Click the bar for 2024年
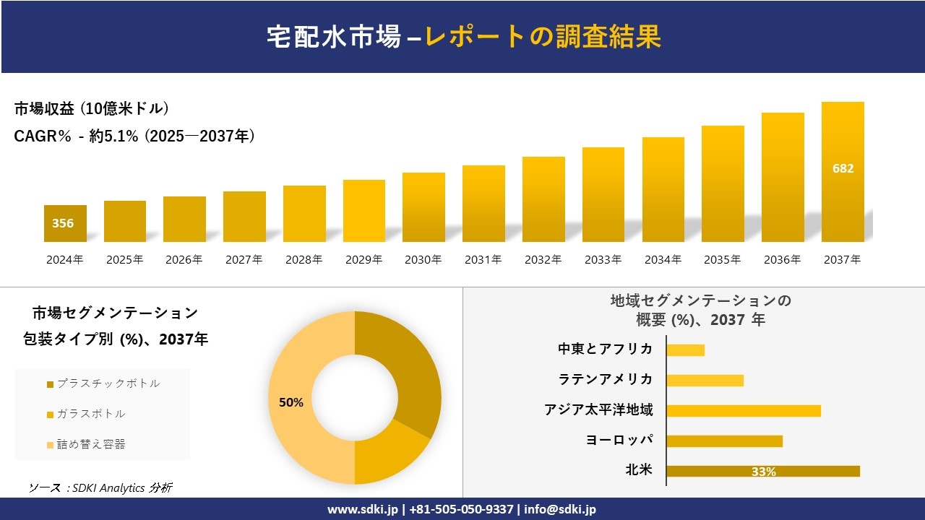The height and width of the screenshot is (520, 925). [x=65, y=224]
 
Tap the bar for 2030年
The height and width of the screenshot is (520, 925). [x=423, y=207]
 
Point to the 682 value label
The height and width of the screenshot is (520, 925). [x=843, y=168]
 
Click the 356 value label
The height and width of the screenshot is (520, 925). [x=63, y=223]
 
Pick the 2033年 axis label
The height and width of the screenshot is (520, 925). [x=603, y=260]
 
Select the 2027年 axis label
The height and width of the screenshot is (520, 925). [x=244, y=260]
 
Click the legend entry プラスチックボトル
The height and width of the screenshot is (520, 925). [x=108, y=383]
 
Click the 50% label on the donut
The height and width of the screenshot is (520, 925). [x=291, y=402]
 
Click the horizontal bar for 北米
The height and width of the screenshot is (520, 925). [x=762, y=471]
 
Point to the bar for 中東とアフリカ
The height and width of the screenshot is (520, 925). [x=685, y=350]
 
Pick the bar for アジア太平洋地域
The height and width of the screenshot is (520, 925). [x=744, y=410]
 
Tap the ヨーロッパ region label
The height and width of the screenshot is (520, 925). [x=619, y=440]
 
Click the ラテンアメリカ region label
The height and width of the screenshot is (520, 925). [x=606, y=379]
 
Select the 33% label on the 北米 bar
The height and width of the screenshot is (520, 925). [x=763, y=472]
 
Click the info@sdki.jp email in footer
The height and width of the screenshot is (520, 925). [x=560, y=509]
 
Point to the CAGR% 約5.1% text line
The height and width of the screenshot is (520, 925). [x=134, y=136]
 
